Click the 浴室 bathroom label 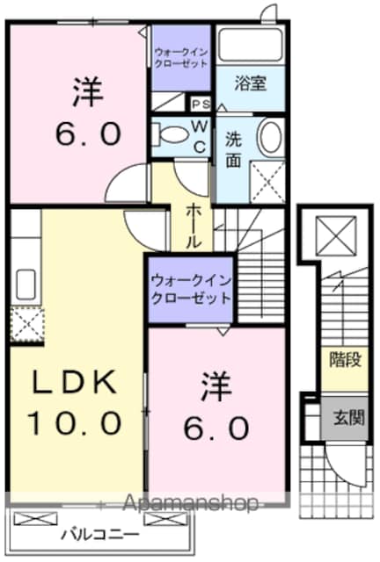pyautogui.click(x=251, y=83)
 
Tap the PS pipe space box pyautogui.click(x=201, y=104)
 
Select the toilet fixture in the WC pyautogui.click(x=170, y=134)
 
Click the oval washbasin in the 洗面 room pyautogui.click(x=271, y=138)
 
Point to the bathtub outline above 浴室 pyautogui.click(x=251, y=45)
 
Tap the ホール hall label pyautogui.click(x=193, y=226)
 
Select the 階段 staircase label pyautogui.click(x=345, y=359)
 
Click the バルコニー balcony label pyautogui.click(x=100, y=536)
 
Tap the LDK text pyautogui.click(x=75, y=383)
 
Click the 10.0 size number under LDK pyautogui.click(x=74, y=423)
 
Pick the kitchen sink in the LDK pyautogui.click(x=26, y=285)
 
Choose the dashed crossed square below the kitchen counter pyautogui.click(x=27, y=325)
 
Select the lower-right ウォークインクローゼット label pyautogui.click(x=191, y=289)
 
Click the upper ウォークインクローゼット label pyautogui.click(x=181, y=58)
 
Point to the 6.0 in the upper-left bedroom pyautogui.click(x=88, y=133)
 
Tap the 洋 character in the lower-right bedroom pyautogui.click(x=216, y=386)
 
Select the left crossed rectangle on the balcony pyautogui.click(x=35, y=519)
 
